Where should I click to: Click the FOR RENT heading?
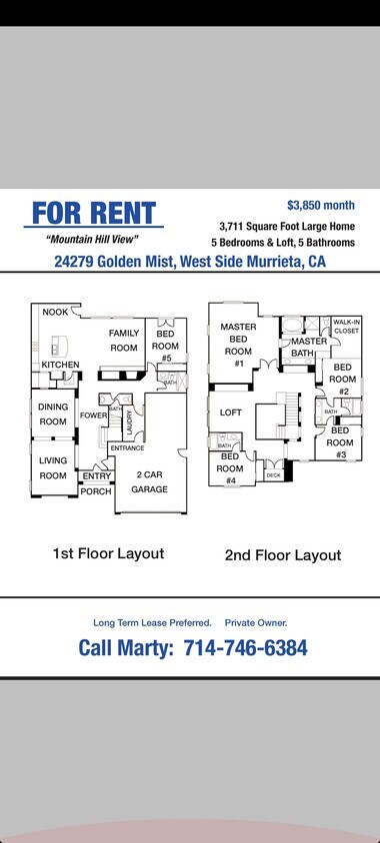coord(94,213)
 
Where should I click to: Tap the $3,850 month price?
coord(320,205)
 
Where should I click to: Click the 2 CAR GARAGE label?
coord(150,482)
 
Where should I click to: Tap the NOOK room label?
coord(55,313)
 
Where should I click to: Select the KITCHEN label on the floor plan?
coord(60,366)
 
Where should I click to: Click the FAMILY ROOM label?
coord(124,341)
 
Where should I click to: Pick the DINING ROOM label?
coord(53,415)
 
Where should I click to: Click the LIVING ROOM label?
coord(53,468)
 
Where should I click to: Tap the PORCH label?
coord(96,491)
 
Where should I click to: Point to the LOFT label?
coord(231,413)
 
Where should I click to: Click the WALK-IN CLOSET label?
coord(346,326)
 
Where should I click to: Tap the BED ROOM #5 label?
coord(165,346)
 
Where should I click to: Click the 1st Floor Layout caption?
coord(108,552)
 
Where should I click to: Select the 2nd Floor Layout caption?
coord(283,555)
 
